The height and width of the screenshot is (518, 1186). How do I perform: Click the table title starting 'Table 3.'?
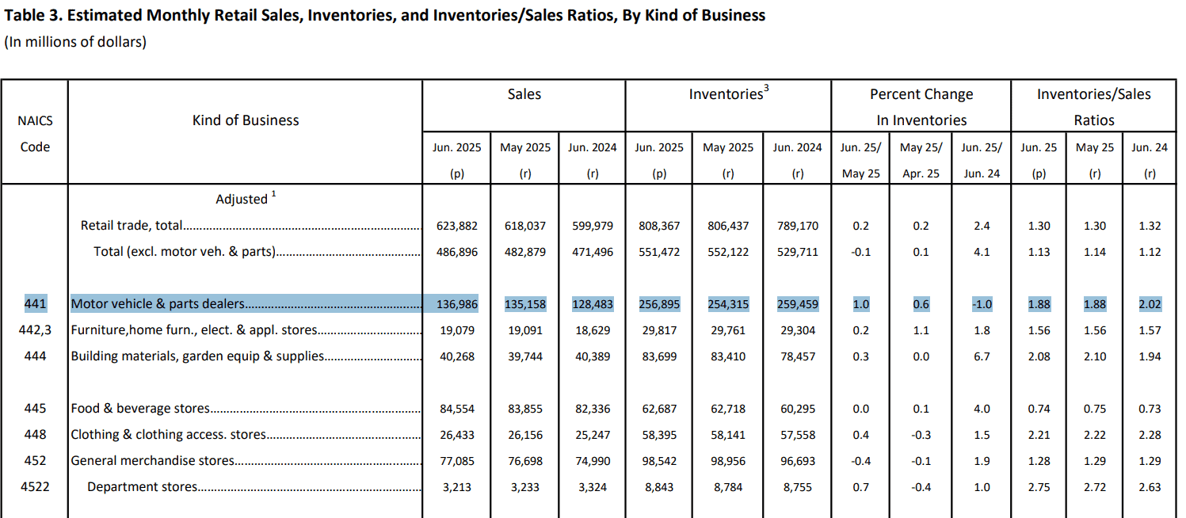[385, 15]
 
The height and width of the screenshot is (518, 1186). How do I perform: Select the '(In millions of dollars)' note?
[75, 42]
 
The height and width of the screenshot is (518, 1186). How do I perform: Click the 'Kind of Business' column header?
[245, 120]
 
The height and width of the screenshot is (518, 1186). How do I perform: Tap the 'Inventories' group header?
[729, 93]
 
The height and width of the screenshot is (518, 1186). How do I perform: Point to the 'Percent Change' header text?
[921, 94]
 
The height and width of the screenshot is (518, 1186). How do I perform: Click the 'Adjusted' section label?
[242, 199]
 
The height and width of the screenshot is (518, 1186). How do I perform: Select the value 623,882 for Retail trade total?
[457, 226]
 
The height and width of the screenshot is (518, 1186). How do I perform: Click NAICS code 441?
[35, 303]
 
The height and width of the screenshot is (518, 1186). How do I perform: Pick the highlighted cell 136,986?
[457, 304]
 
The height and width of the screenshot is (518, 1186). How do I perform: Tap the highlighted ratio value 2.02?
[1150, 304]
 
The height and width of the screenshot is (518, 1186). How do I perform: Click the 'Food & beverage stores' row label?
[140, 409]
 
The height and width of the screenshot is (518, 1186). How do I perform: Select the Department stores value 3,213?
[457, 487]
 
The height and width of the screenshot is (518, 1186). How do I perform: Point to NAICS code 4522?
[35, 487]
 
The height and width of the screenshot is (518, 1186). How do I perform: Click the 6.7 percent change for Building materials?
[982, 356]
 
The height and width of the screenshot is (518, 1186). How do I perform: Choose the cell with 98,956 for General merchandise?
[728, 462]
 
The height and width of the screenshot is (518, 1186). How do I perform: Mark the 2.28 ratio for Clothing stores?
[1150, 435]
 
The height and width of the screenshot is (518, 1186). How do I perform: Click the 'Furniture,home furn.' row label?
[194, 330]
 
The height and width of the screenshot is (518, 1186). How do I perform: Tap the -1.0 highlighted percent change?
[982, 304]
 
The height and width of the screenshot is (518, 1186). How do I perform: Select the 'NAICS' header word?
[35, 120]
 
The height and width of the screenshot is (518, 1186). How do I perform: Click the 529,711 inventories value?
[797, 252]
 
